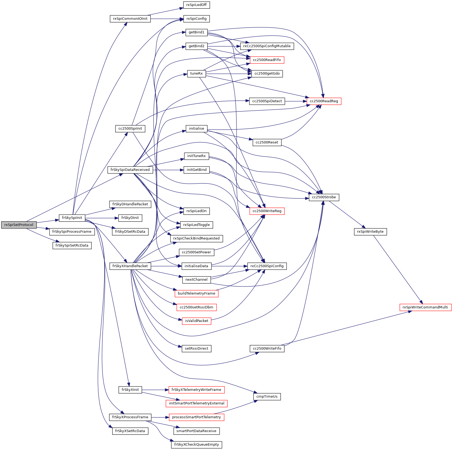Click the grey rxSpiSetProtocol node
[19, 225]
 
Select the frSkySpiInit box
[72, 218]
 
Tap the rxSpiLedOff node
[197, 5]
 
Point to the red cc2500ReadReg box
[324, 101]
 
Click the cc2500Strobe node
[324, 197]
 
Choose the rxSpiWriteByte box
[370, 232]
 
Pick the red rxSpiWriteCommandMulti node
[425, 307]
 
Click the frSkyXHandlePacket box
[130, 266]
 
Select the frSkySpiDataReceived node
[130, 170]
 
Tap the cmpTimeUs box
[267, 397]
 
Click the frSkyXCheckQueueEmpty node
[196, 445]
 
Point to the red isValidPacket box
[197, 321]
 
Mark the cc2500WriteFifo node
[267, 349]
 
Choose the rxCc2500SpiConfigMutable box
[267, 46]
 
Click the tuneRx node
[196, 74]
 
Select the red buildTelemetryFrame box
[196, 293]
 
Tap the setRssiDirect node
[196, 349]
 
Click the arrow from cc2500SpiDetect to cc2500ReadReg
[295, 101]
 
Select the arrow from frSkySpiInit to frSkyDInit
[102, 218]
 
